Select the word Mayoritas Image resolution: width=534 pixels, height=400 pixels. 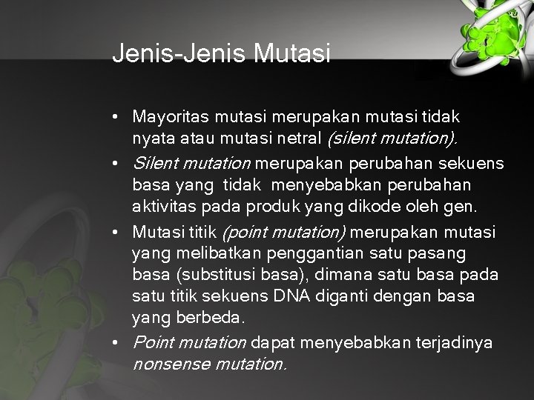click(x=171, y=117)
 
